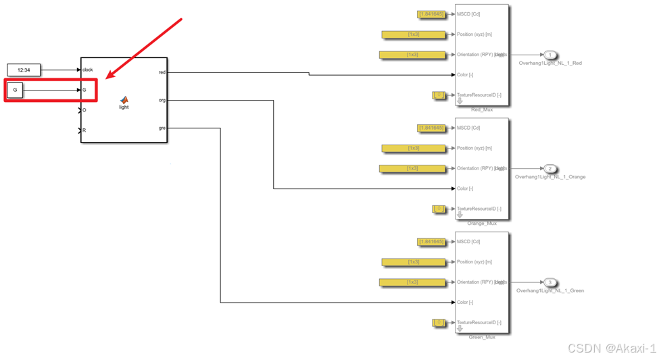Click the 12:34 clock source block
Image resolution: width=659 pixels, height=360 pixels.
click(24, 70)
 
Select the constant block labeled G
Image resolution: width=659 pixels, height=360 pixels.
click(15, 89)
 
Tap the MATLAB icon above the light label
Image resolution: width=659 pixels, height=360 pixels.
click(124, 99)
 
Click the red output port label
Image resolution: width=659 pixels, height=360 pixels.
click(162, 72)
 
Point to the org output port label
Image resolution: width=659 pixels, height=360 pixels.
click(162, 100)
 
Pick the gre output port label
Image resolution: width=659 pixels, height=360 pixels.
click(162, 128)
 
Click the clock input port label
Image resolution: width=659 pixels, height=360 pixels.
click(88, 70)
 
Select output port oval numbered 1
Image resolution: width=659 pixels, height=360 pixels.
click(550, 55)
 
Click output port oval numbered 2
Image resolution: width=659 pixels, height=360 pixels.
click(550, 169)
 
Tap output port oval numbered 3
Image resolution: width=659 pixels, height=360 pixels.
click(550, 282)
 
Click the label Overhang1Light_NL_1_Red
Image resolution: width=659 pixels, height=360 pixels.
click(550, 63)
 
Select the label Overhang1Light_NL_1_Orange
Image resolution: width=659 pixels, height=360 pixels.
click(550, 177)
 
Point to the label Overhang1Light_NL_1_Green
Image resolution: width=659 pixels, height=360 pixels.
click(550, 290)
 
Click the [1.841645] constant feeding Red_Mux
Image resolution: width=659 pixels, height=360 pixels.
click(431, 14)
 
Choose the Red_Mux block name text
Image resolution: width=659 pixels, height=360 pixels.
click(482, 109)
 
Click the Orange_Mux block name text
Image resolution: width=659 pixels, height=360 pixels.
click(482, 223)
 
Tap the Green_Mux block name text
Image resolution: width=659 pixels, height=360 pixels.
click(482, 337)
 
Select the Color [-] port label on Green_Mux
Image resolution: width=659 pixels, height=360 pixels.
click(465, 303)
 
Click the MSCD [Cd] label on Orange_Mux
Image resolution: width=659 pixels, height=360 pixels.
click(468, 128)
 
